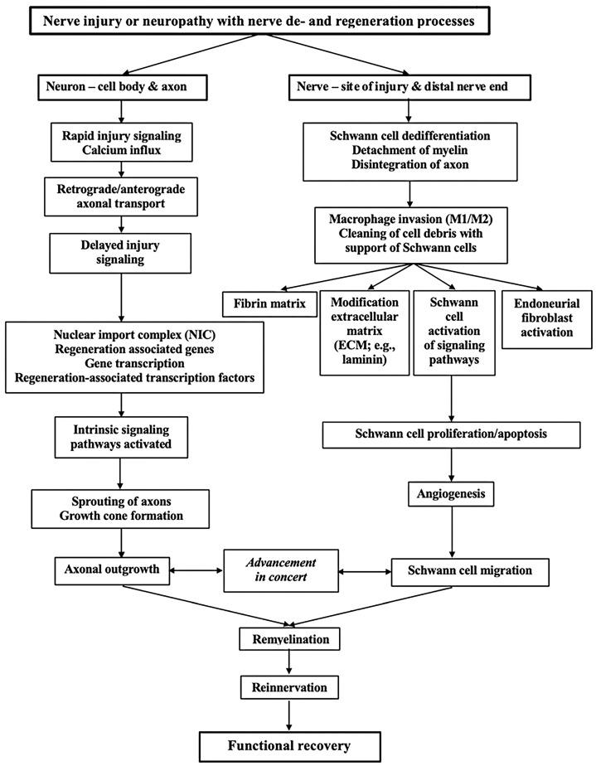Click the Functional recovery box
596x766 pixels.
[x=289, y=745]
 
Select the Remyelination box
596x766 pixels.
[x=289, y=639]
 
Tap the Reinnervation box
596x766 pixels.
[x=289, y=687]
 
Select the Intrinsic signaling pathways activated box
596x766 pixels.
[x=122, y=436]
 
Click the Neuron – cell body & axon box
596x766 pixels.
[x=122, y=85]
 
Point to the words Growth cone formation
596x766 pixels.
[x=122, y=516]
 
